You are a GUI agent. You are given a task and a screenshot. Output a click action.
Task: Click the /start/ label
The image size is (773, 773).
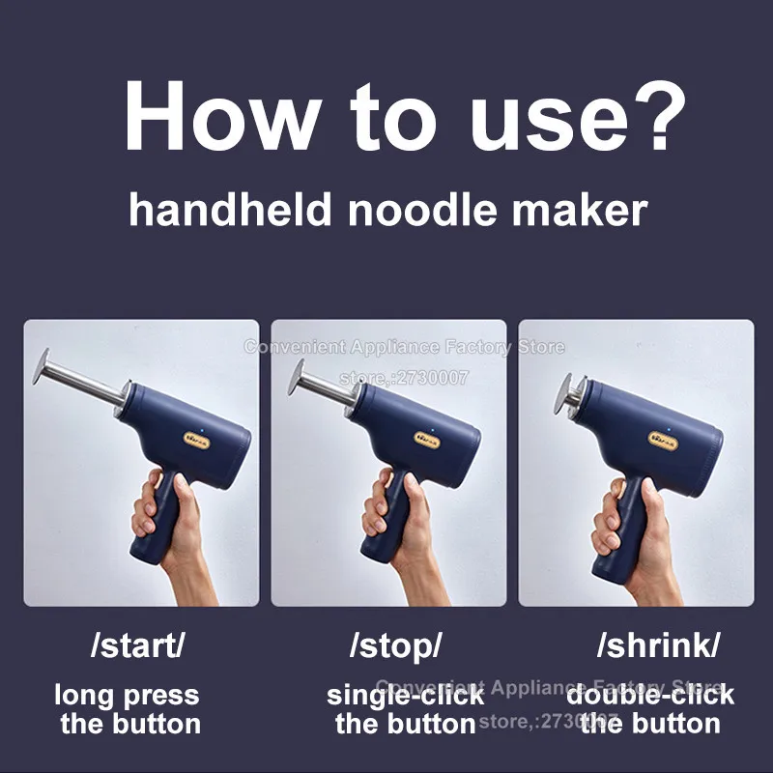[136, 645]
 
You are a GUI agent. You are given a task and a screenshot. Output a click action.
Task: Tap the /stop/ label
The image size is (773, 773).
[394, 645]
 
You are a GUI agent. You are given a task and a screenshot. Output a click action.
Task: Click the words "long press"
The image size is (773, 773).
[127, 695]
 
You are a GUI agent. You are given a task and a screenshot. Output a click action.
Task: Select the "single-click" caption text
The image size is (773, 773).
[405, 695]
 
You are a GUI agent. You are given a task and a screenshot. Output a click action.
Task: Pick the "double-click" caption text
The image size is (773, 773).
[650, 695]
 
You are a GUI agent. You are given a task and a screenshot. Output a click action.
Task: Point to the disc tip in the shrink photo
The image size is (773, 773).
[558, 393]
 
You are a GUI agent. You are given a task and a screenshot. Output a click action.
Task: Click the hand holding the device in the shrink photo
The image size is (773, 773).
[633, 527]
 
